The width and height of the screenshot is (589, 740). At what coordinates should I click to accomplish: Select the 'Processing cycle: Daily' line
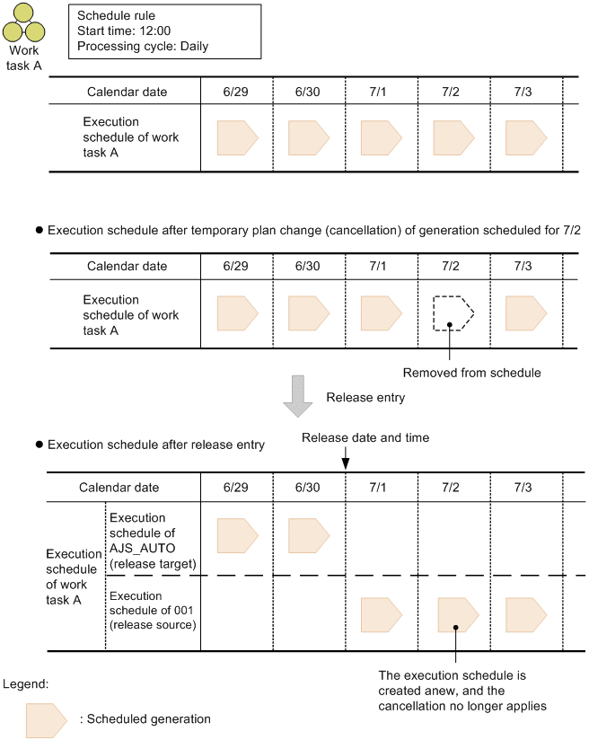pos(143,46)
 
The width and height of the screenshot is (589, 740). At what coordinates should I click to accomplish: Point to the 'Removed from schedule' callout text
pos(471,372)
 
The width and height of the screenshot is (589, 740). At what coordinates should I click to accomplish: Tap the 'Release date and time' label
pos(365,437)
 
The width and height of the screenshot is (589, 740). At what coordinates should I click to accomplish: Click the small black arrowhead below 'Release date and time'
pos(346,463)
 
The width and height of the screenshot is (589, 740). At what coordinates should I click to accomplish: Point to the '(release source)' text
pos(151,623)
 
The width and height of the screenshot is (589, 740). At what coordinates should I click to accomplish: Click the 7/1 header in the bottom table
pos(381,488)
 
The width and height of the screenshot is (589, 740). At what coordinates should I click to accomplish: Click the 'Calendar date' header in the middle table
pos(127,266)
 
